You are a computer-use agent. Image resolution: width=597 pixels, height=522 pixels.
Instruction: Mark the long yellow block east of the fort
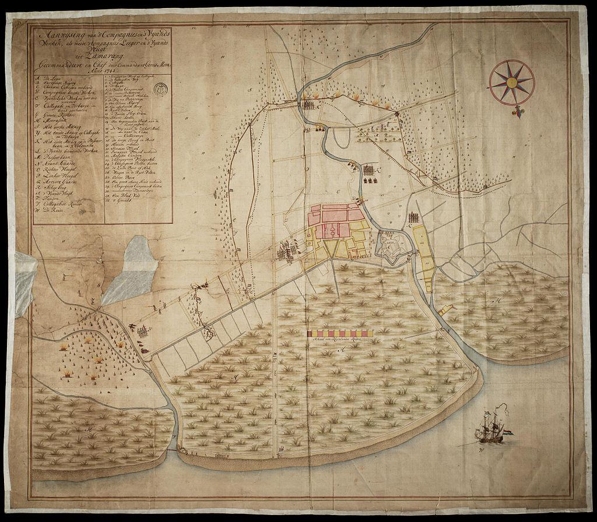point(423,256)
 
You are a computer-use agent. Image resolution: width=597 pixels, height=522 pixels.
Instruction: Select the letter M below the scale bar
point(343,348)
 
